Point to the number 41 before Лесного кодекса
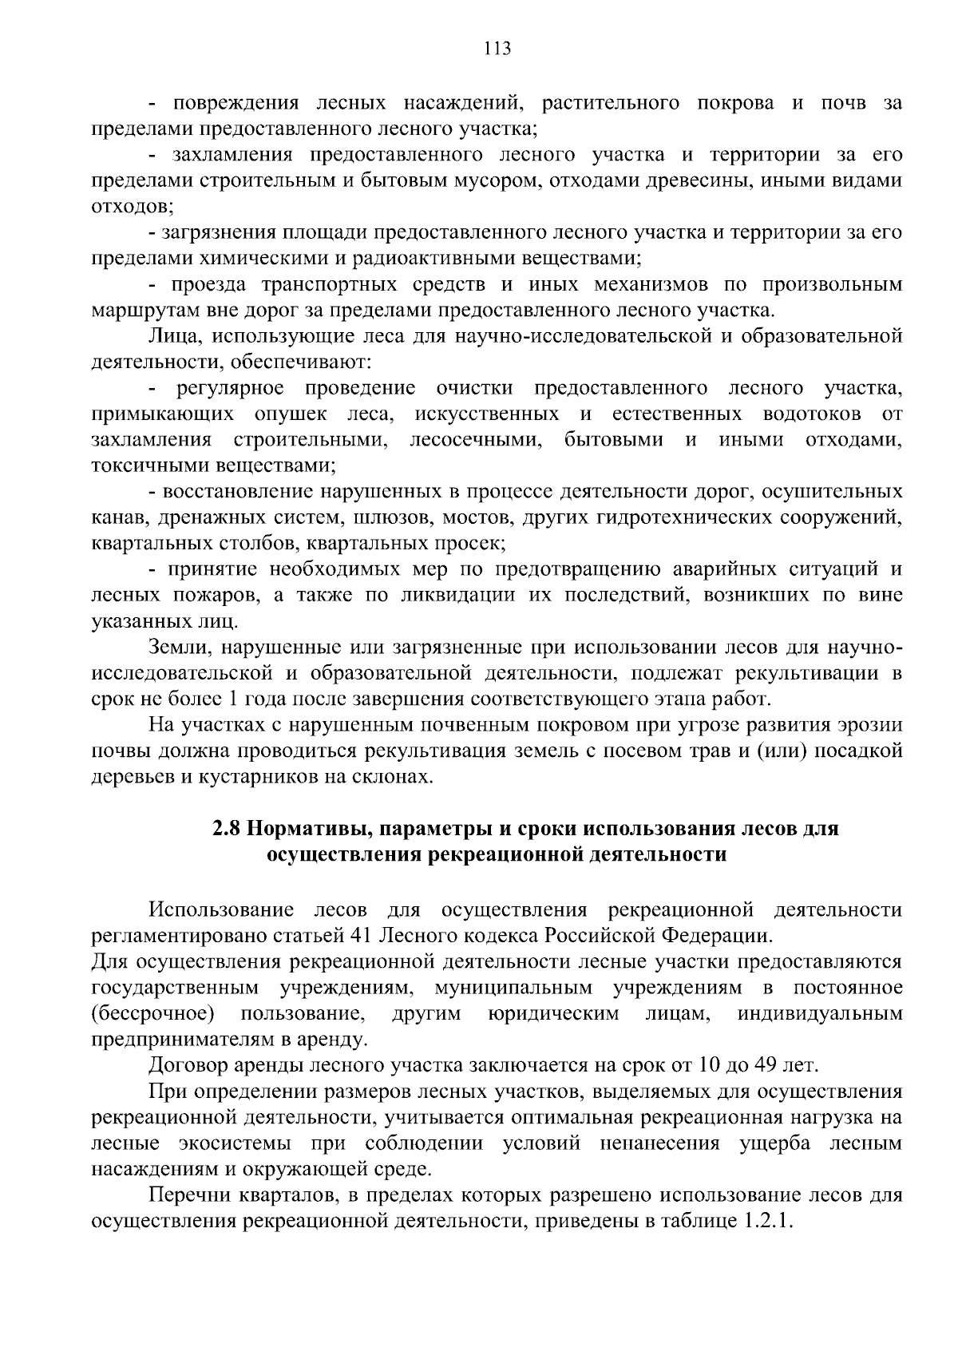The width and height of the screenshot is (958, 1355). [362, 935]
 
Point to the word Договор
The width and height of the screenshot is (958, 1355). [187, 1065]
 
